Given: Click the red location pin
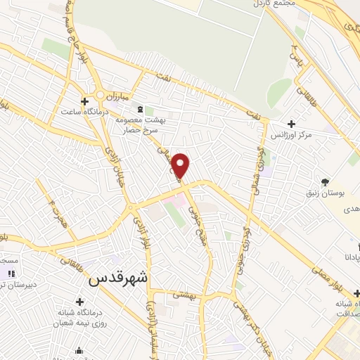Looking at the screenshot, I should pyautogui.click(x=181, y=166).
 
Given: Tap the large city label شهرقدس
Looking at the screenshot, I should pyautogui.click(x=120, y=278).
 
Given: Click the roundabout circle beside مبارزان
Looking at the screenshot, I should pyautogui.click(x=101, y=94).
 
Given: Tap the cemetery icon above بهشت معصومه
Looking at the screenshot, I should pyautogui.click(x=140, y=110).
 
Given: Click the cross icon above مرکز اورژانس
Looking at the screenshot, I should pyautogui.click(x=291, y=124).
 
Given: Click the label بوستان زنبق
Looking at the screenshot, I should pyautogui.click(x=326, y=191).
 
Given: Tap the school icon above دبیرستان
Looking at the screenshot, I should pyautogui.click(x=10, y=273).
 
